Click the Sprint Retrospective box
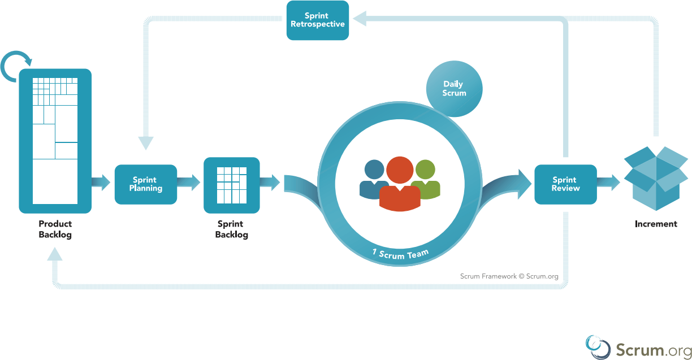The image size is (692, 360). point(317,20)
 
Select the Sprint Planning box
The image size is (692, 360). point(146,184)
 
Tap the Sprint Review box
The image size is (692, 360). point(565,184)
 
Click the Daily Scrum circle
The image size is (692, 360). point(454,89)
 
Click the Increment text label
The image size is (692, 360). point(655,224)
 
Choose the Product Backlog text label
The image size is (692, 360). point(55,229)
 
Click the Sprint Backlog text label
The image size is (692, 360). point(231,229)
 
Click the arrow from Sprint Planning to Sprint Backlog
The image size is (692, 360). point(189,183)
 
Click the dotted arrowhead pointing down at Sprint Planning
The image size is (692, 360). point(146,142)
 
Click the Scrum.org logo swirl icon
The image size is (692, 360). point(598,346)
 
